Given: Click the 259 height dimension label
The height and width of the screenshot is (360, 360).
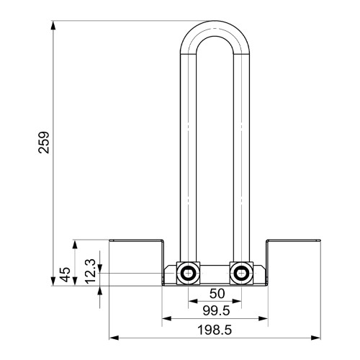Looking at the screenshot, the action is pos(44,143).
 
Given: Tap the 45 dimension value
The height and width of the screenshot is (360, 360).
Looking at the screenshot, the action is pos(65,274).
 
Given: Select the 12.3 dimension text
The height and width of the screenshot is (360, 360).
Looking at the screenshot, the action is pos(91,271).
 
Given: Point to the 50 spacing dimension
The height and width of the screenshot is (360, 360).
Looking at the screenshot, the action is pos(217,294).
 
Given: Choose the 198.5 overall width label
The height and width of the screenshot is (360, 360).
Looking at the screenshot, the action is pos(215,330).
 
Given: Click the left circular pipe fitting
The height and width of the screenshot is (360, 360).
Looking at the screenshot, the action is pos(188,274).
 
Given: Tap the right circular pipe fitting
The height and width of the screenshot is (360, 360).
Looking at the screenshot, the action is pos(241,274).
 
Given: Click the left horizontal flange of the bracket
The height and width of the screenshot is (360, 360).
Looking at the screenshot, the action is pos(136,240).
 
